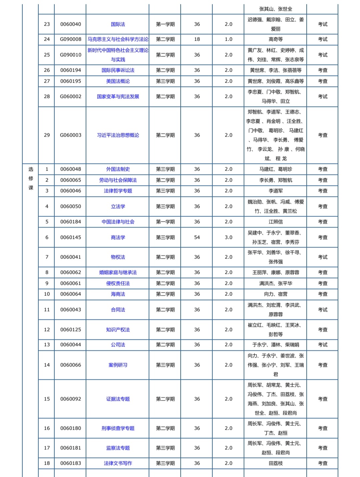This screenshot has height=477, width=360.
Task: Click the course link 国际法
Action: [x=118, y=24]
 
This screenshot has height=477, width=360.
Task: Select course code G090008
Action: [x=71, y=39]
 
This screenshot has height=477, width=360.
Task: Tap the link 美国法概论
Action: [x=118, y=81]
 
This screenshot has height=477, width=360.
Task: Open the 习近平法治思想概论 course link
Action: [x=118, y=135]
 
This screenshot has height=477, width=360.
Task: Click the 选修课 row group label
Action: [x=31, y=179]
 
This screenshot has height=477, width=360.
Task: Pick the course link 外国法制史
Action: [x=118, y=169]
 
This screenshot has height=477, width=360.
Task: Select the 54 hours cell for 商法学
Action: [x=197, y=238]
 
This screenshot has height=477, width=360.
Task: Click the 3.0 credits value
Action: [x=228, y=238]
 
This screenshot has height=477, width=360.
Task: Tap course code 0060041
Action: [x=71, y=257]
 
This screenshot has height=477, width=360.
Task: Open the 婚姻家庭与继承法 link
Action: [x=118, y=272]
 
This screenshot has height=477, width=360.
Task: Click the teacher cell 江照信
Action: [x=275, y=222]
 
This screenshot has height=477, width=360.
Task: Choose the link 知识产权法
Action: [x=118, y=330]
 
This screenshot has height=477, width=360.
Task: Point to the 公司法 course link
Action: [x=118, y=345]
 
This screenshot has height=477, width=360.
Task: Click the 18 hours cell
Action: [x=197, y=39]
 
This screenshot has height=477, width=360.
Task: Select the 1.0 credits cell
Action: [x=228, y=39]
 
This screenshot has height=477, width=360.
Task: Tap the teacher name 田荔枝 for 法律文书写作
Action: [x=275, y=463]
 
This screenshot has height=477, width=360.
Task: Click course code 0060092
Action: [x=71, y=399]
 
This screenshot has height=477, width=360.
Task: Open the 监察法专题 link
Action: [x=118, y=448]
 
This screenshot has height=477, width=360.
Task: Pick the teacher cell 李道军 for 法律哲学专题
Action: [x=275, y=191]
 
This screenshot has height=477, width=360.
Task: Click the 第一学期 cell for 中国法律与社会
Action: [x=165, y=222]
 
